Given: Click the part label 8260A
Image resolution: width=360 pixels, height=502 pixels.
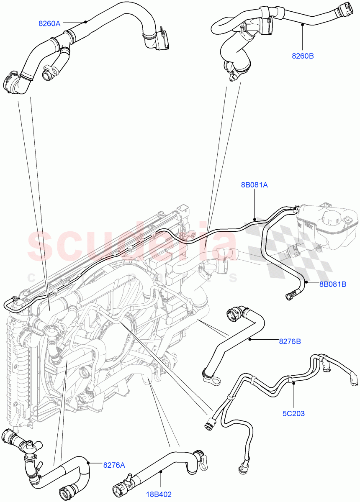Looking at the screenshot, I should [x=49, y=24].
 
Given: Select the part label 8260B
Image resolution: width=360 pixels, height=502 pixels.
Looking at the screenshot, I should [x=303, y=55].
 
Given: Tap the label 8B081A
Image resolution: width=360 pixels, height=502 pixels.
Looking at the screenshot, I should [x=254, y=184].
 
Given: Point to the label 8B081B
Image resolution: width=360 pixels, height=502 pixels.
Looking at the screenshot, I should [x=332, y=284].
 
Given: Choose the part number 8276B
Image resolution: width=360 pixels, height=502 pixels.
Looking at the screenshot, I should [x=290, y=342].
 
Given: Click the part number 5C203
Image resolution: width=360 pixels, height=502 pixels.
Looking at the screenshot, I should [x=293, y=414].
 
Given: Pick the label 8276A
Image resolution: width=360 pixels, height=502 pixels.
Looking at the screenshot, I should [x=113, y=464].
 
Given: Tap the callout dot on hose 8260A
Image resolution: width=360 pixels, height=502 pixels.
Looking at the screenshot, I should [x=85, y=22].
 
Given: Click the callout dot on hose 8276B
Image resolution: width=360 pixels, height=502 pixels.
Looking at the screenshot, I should [x=251, y=339].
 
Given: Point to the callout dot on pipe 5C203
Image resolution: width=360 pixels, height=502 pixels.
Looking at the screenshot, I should [x=293, y=382].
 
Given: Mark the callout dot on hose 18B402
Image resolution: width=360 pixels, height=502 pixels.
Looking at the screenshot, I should [x=160, y=472].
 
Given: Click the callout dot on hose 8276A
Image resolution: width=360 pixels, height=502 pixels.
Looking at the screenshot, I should [x=88, y=462].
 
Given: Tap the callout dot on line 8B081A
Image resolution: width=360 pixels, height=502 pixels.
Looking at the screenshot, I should [x=255, y=218].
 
